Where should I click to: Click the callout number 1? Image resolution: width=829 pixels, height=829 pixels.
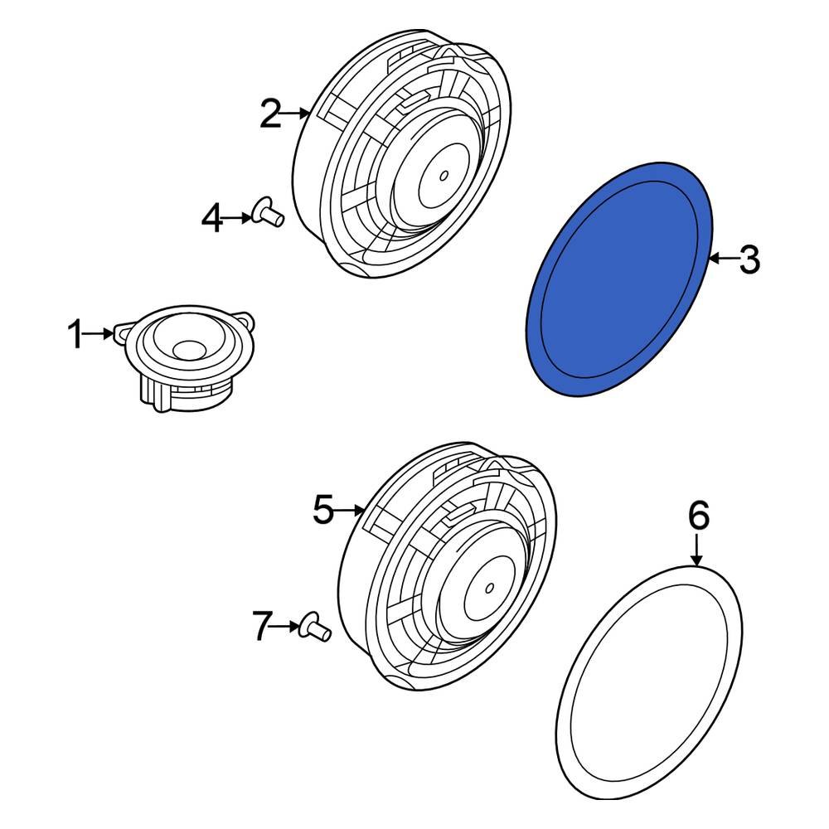75,336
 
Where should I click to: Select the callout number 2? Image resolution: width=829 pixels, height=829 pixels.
270,114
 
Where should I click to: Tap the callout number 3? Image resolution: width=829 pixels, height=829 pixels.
748,260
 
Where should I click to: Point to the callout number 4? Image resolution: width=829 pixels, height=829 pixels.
213,219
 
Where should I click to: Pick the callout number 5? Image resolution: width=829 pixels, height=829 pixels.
323,510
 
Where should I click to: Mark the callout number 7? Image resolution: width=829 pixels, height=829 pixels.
262,627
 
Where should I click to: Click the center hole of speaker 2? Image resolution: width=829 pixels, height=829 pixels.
444,175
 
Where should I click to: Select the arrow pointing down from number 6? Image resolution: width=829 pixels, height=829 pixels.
698,550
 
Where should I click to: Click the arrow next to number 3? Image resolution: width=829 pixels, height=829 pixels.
722,260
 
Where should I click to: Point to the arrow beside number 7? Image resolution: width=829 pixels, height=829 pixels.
287,627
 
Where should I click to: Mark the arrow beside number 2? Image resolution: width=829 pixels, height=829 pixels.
297,114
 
